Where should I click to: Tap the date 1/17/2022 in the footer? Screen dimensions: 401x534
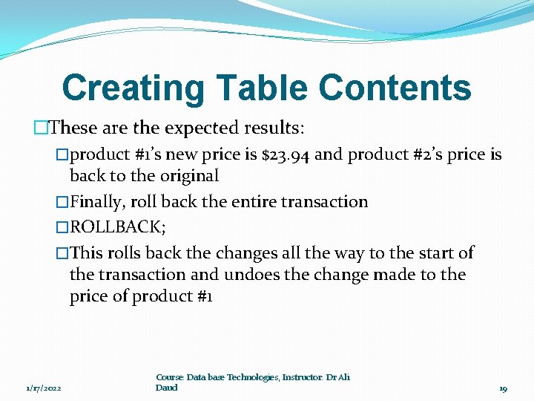[x=44, y=388]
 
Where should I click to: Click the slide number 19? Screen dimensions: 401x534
[x=503, y=388]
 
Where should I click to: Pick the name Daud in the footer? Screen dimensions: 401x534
[x=167, y=388]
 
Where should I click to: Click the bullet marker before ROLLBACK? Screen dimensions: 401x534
[x=62, y=227]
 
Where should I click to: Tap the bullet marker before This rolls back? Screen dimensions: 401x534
[x=62, y=253]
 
